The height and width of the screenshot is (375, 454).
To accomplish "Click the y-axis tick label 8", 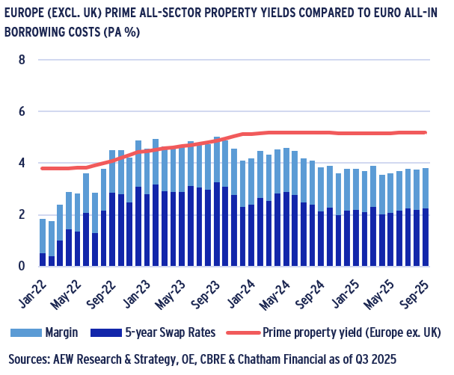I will pos(21,59).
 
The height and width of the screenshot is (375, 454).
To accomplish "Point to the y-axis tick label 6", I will pos(21,111).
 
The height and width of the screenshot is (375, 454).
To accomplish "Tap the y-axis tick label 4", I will pos(21,163).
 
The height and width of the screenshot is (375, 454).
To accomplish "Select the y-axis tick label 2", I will pos(21,214).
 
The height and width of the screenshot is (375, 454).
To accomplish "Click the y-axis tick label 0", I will pos(21,266).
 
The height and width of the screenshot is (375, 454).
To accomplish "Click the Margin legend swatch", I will pos(22,332).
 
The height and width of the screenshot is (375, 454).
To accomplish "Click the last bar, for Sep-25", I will pos(425,217).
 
